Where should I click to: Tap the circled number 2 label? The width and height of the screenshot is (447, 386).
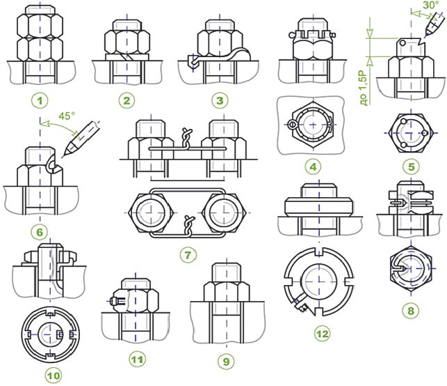[x=126, y=100]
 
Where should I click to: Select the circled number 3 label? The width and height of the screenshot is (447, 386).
[x=220, y=100]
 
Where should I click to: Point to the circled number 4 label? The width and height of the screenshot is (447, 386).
[x=311, y=167]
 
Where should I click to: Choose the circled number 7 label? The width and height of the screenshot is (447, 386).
[x=186, y=255]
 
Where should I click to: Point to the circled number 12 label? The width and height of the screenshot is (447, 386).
[x=321, y=333]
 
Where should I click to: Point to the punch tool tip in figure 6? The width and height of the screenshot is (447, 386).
[x=61, y=155]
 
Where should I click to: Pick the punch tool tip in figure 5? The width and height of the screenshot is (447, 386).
[x=422, y=39]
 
